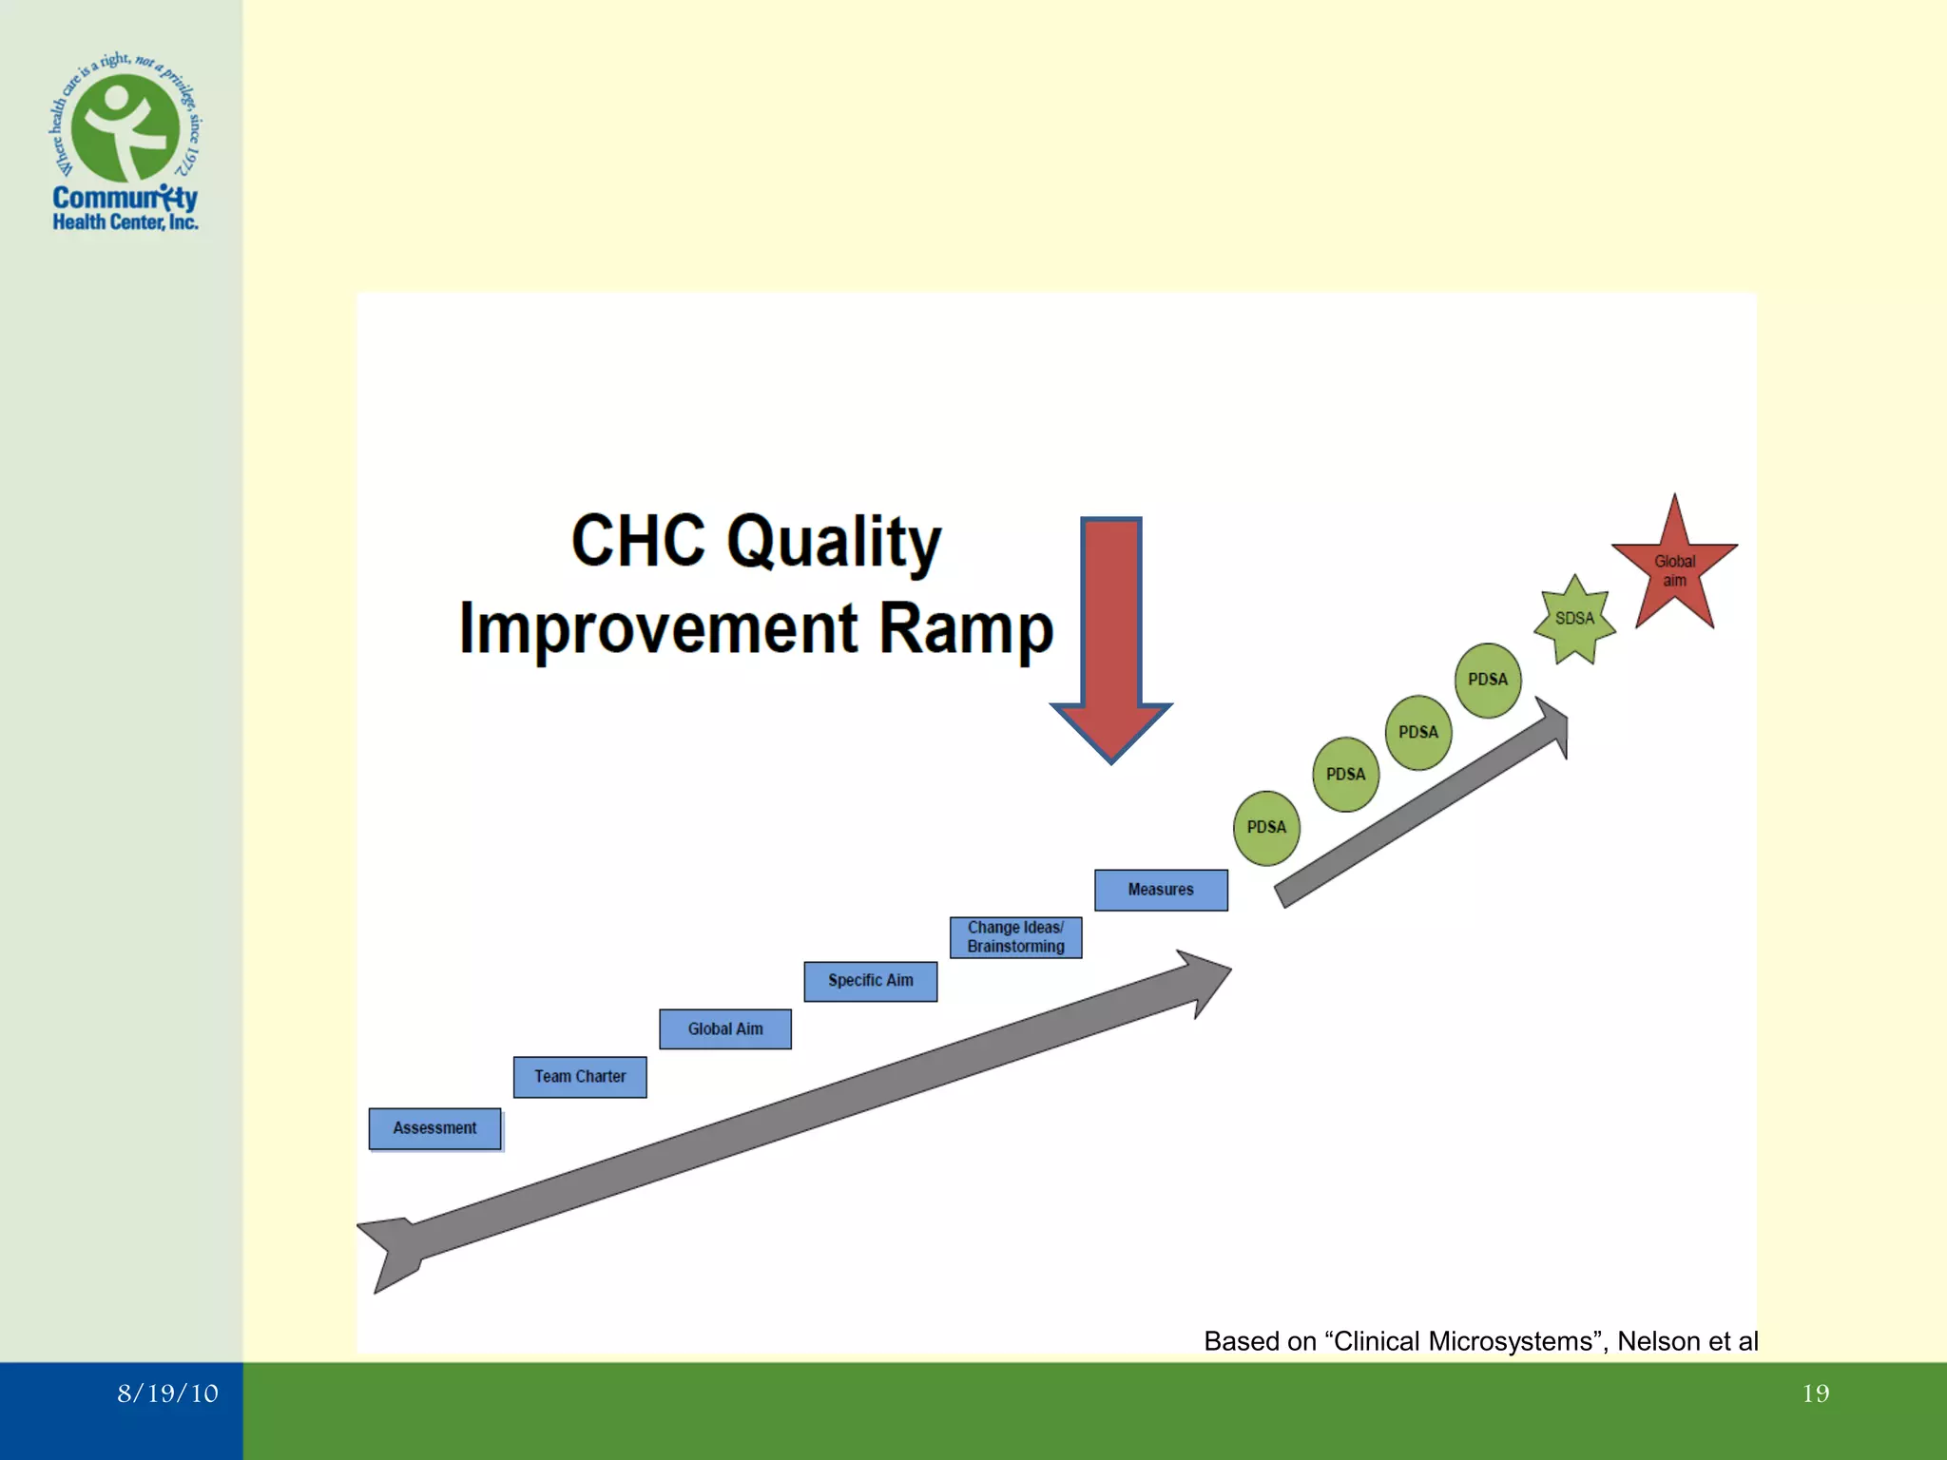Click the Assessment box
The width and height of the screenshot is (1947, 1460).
434,1128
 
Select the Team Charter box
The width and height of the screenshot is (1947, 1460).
580,1077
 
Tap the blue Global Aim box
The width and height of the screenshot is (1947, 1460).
725,1029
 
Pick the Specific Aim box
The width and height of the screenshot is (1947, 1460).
870,981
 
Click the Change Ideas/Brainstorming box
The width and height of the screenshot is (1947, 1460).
1015,937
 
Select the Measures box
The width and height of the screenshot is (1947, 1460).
1161,890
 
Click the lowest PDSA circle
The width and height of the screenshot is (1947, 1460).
1266,828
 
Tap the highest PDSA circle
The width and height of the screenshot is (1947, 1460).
1488,680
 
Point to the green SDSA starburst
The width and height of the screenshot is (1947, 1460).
1574,620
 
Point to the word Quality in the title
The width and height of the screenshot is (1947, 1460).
834,543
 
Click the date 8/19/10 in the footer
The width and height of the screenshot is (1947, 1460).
167,1393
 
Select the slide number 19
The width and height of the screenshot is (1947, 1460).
1815,1393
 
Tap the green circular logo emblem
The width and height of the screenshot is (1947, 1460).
125,128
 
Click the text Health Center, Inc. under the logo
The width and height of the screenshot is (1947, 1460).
125,222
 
